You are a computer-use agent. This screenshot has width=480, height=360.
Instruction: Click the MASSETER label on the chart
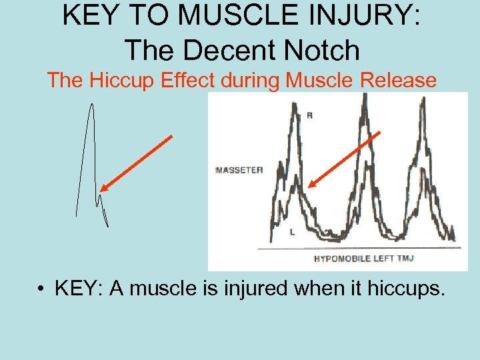click(x=239, y=170)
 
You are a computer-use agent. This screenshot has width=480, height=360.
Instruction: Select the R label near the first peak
click(x=309, y=116)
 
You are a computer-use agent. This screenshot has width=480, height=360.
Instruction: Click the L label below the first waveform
click(x=293, y=232)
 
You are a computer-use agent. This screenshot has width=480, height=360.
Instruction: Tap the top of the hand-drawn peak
click(x=91, y=105)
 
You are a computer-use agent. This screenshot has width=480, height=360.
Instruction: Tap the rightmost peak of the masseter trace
click(x=423, y=100)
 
